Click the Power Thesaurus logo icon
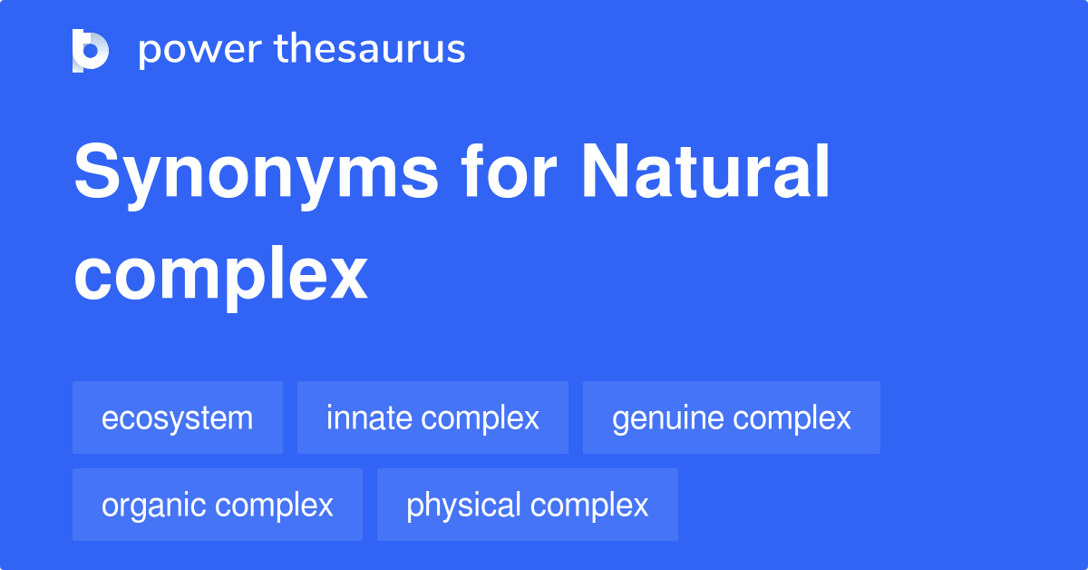coord(91,50)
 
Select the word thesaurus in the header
coord(370,50)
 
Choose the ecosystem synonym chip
coord(178,418)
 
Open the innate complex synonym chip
coord(432,418)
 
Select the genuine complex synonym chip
coord(731,418)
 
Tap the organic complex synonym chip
coord(218,506)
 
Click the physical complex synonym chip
coord(527,506)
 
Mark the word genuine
coord(667,418)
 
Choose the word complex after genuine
coord(792,418)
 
